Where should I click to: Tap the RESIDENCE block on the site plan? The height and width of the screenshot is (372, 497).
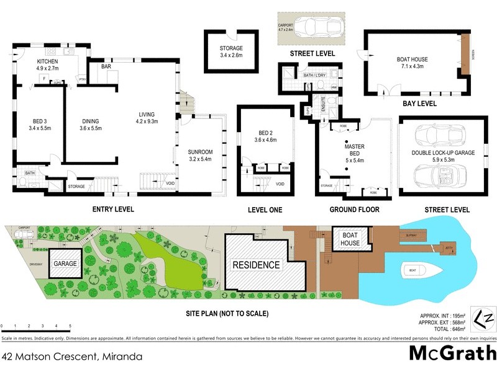tap(257, 265)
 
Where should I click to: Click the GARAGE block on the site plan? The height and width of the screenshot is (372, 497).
tap(65, 263)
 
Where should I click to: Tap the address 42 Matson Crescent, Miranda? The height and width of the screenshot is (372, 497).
tap(73, 357)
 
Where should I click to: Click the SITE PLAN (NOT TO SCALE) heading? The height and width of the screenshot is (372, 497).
tap(227, 314)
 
